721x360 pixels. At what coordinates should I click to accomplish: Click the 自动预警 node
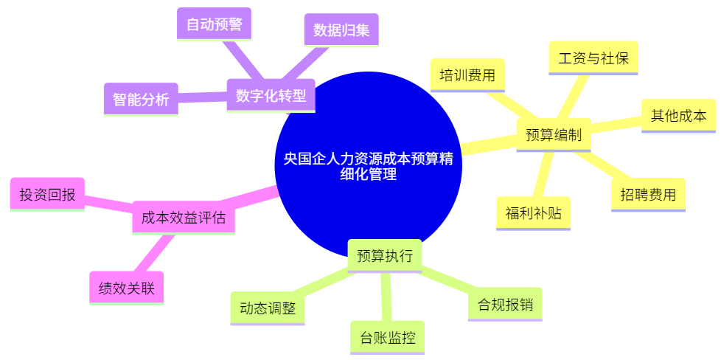tap(215, 24)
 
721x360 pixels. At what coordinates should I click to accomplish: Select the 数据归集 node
tap(341, 30)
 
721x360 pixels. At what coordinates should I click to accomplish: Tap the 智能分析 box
tap(141, 99)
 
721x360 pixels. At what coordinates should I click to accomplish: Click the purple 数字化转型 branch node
tap(271, 96)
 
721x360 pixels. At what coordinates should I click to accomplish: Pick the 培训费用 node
tap(467, 75)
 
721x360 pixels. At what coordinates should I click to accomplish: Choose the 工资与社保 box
tap(593, 58)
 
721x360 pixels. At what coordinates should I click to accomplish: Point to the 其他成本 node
tap(678, 116)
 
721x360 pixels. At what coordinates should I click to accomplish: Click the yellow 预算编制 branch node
tap(554, 135)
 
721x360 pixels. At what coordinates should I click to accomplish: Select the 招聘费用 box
tap(648, 195)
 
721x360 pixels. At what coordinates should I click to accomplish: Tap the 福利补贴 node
tap(533, 213)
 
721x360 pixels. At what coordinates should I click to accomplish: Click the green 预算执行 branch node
tap(385, 256)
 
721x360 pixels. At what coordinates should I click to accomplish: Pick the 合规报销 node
tap(505, 304)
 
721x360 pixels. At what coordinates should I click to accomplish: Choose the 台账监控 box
tap(388, 339)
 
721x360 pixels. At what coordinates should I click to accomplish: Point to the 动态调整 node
tap(267, 308)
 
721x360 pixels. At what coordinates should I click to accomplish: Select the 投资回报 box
tap(47, 195)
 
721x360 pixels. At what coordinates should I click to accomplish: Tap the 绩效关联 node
tap(126, 288)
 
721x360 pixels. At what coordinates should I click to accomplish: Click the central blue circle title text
tap(369, 167)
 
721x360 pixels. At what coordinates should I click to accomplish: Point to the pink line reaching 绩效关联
tap(156, 253)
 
